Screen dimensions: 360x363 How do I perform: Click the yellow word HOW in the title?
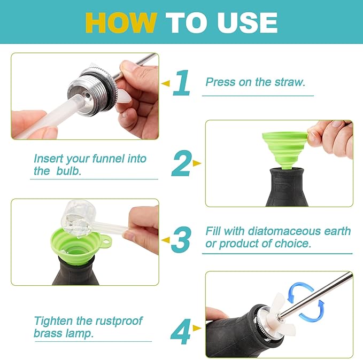click(x=120, y=22)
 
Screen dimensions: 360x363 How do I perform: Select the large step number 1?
click(x=182, y=83)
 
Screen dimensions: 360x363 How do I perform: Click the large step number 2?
click(x=181, y=163)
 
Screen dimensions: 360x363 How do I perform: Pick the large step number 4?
click(x=181, y=331)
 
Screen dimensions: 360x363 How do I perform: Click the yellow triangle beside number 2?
click(x=197, y=163)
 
